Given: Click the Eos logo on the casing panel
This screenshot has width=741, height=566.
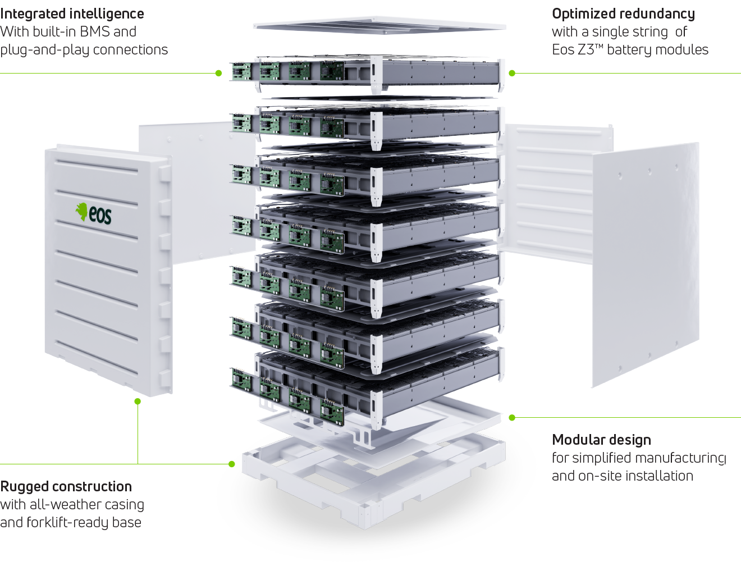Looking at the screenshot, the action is click(94, 213).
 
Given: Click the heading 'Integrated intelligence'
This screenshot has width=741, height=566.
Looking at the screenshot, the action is click(72, 14).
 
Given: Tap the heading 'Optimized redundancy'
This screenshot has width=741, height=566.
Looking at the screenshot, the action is click(623, 14).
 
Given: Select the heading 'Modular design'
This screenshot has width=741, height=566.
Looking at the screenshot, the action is click(601, 440).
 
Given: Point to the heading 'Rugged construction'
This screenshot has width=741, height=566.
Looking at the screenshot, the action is click(66, 486).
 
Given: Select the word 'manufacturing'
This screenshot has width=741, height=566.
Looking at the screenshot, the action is click(680, 458).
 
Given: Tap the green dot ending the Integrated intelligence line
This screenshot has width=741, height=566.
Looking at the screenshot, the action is click(218, 73).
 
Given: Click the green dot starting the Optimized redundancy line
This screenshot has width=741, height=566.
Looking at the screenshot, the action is click(512, 73).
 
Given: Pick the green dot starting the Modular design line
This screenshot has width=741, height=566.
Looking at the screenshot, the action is click(512, 418).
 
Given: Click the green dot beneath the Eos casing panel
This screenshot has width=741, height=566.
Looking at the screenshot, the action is click(138, 401).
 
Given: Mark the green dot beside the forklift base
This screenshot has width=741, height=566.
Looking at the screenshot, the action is click(232, 464).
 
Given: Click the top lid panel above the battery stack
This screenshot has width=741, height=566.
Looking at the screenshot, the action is click(379, 25).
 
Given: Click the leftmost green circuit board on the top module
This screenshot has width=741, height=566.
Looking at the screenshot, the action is click(242, 71).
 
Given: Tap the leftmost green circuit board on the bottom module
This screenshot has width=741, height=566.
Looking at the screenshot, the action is click(242, 380).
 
